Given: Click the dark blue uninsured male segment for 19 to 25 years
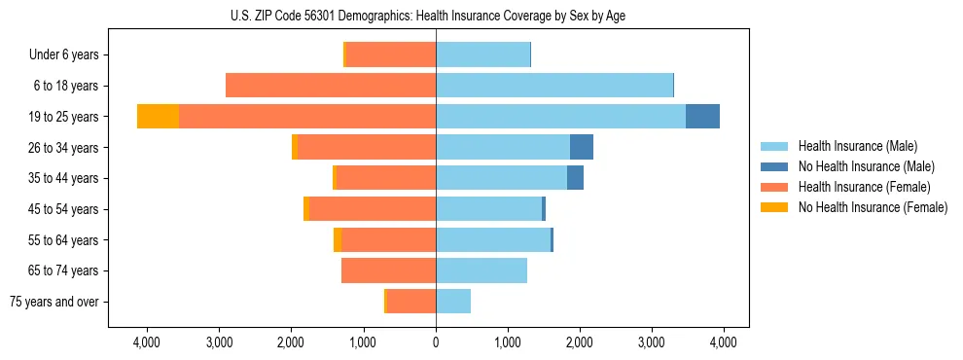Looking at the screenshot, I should pyautogui.click(x=702, y=117).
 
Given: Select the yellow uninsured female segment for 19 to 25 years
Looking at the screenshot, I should pyautogui.click(x=158, y=117).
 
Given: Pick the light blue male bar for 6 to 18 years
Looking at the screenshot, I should pyautogui.click(x=554, y=86).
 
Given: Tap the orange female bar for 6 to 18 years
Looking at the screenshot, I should pyautogui.click(x=331, y=86).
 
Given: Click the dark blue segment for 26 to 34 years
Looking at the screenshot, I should pyautogui.click(x=582, y=147).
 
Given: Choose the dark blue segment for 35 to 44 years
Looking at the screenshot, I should pyautogui.click(x=575, y=178).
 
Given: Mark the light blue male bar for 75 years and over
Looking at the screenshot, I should pyautogui.click(x=453, y=302).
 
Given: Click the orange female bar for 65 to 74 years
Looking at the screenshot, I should pyautogui.click(x=388, y=270).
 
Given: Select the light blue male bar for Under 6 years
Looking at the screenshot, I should pyautogui.click(x=482, y=54).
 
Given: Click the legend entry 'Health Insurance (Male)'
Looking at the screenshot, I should pyautogui.click(x=857, y=146).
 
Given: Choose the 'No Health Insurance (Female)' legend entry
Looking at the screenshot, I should pyautogui.click(x=873, y=207).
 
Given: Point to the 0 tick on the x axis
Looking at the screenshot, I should pyautogui.click(x=436, y=342).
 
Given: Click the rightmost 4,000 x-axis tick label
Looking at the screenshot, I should pyautogui.click(x=723, y=342).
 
